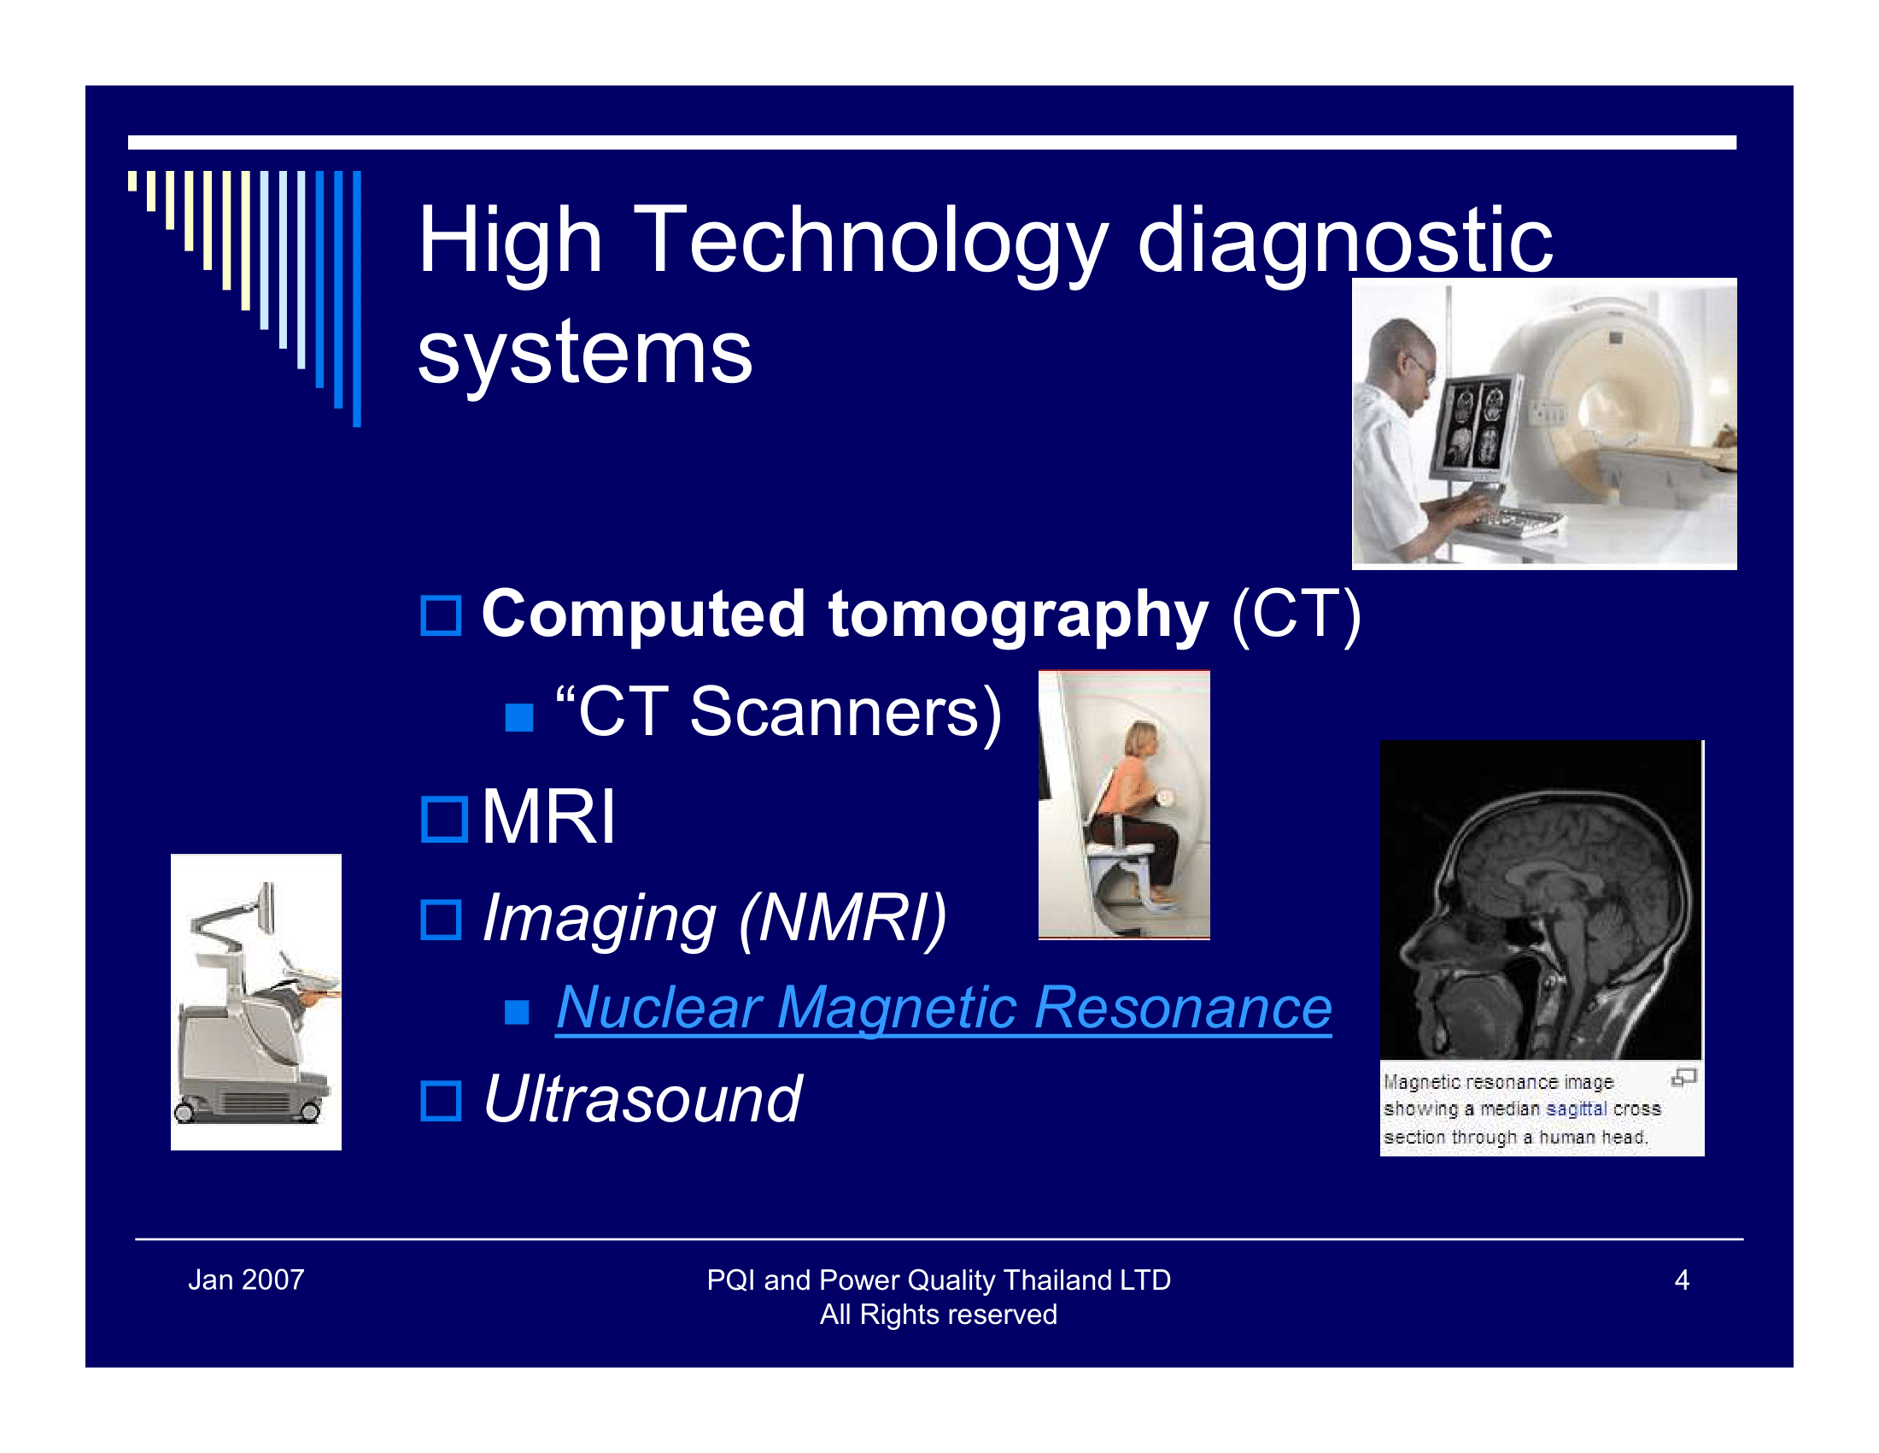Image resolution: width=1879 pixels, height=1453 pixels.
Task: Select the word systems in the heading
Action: pyautogui.click(x=585, y=352)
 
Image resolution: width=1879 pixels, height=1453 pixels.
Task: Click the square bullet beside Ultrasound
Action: pyautogui.click(x=442, y=1101)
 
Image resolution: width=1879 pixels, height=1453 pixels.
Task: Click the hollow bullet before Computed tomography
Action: pyautogui.click(x=442, y=615)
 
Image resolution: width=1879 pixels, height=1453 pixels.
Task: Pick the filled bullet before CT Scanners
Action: pyautogui.click(x=518, y=717)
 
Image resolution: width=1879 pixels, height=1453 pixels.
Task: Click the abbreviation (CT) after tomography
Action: pyautogui.click(x=1297, y=615)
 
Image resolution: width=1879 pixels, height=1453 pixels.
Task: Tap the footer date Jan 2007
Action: pyautogui.click(x=246, y=1280)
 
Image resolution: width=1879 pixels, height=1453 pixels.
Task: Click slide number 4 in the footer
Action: pyautogui.click(x=1682, y=1280)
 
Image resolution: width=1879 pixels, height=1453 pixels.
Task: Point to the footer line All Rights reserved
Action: pyautogui.click(x=939, y=1315)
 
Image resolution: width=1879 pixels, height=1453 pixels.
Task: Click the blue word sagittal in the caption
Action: pyautogui.click(x=1576, y=1109)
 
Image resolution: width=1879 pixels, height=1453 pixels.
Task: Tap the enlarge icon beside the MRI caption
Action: pyautogui.click(x=1683, y=1077)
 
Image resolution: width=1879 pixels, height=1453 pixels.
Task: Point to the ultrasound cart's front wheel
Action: pyautogui.click(x=184, y=1112)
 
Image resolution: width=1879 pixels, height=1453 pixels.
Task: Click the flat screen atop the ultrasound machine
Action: pyautogui.click(x=266, y=908)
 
